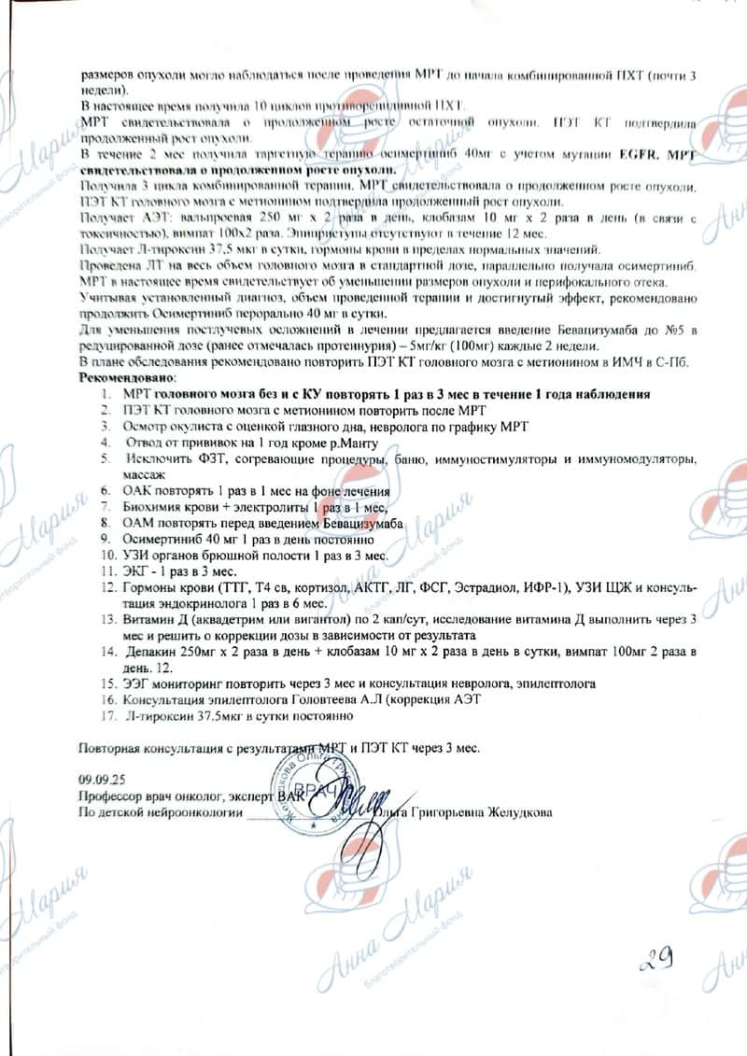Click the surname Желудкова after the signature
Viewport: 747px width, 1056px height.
[519, 812]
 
